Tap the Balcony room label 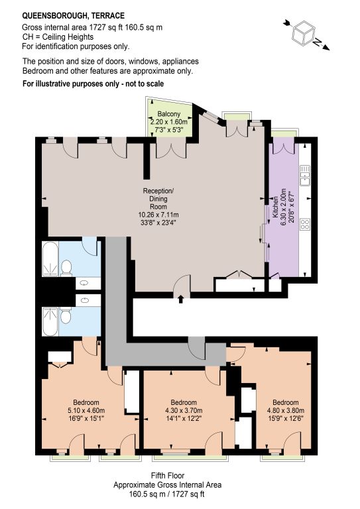pyautogui.click(x=169, y=114)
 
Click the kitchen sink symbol pyautogui.click(x=305, y=175)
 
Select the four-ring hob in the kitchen pyautogui.click(x=305, y=224)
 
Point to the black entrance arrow pyautogui.click(x=181, y=299)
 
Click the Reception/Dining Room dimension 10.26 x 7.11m pyautogui.click(x=158, y=215)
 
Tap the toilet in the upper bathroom pyautogui.click(x=66, y=268)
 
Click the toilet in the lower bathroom pyautogui.click(x=66, y=315)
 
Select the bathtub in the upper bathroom pyautogui.click(x=50, y=259)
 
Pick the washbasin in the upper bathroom pyautogui.click(x=84, y=283)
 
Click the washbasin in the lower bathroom pyautogui.click(x=85, y=300)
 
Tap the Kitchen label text pyautogui.click(x=274, y=207)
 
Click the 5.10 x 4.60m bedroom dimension pyautogui.click(x=86, y=410)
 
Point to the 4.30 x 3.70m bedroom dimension pyautogui.click(x=184, y=410)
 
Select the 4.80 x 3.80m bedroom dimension pyautogui.click(x=286, y=410)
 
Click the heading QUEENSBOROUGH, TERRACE pyautogui.click(x=74, y=16)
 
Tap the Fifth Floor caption pyautogui.click(x=168, y=476)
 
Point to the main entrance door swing pyautogui.click(x=182, y=283)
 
